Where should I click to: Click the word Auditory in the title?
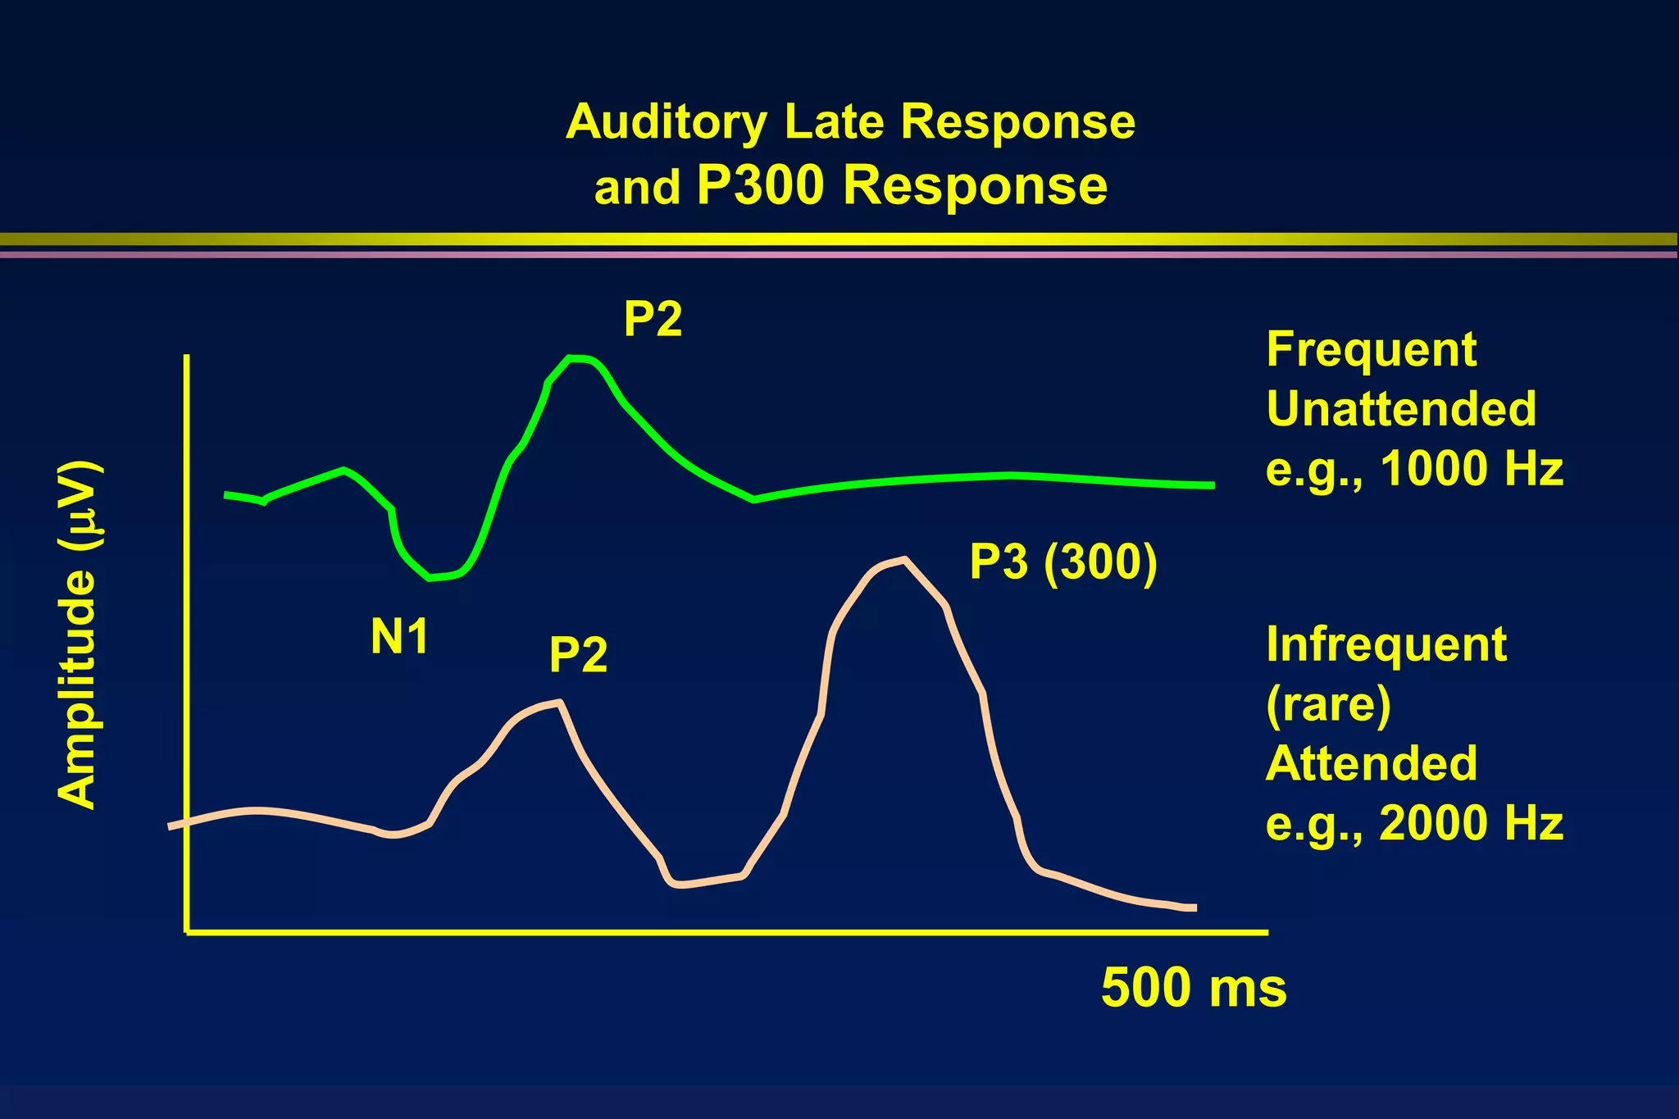point(666,123)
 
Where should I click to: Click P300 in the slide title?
point(759,185)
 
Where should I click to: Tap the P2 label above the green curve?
point(653,319)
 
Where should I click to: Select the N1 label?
point(399,636)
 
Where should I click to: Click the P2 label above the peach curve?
point(578,655)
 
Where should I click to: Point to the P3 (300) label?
point(1063,562)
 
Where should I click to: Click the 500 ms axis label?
point(1193,987)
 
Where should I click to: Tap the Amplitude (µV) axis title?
point(79,635)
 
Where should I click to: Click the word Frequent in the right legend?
point(1371,350)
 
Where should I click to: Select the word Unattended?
point(1400,409)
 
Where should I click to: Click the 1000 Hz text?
point(1472,470)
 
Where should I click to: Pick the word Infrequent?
point(1386,645)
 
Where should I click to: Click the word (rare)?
point(1328,704)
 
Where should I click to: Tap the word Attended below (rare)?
point(1371,764)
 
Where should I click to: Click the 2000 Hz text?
point(1472,823)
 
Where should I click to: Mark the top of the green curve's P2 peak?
point(576,357)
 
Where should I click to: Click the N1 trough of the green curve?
point(432,578)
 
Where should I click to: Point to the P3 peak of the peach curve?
point(902,560)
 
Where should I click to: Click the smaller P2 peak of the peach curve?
point(557,702)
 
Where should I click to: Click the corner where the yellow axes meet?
point(188,931)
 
